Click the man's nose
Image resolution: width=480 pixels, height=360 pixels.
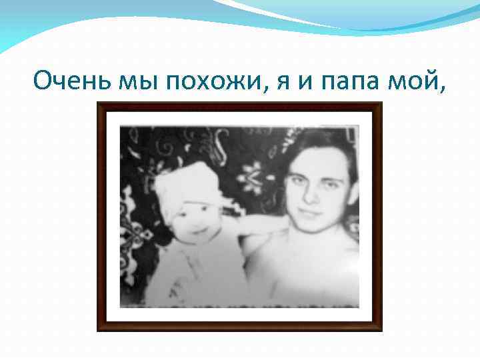click(x=312, y=200)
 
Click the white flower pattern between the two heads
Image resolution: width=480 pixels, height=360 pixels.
click(x=254, y=177)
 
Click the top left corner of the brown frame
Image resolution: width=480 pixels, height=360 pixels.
click(x=99, y=104)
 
